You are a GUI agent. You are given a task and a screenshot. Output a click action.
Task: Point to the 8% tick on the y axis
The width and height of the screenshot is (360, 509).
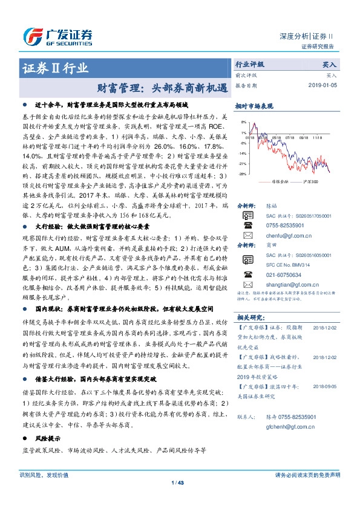click(x=243, y=122)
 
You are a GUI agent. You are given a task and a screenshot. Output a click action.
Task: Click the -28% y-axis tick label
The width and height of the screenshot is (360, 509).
click(x=242, y=174)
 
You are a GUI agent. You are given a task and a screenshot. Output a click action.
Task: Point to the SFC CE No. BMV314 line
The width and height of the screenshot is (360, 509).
click(x=283, y=265)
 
